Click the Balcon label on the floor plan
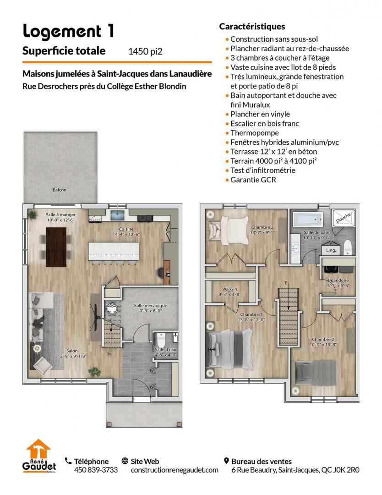point(59,190)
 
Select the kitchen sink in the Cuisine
point(118,215)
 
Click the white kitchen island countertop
point(114,251)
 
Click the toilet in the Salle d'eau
point(161,339)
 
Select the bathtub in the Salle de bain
point(308,219)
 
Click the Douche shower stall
point(343,218)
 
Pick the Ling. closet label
point(331,250)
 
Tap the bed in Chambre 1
point(229,349)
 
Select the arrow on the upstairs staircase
point(288,298)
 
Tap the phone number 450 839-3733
point(96,470)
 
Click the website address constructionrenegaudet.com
point(175,470)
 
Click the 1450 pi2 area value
point(145,51)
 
